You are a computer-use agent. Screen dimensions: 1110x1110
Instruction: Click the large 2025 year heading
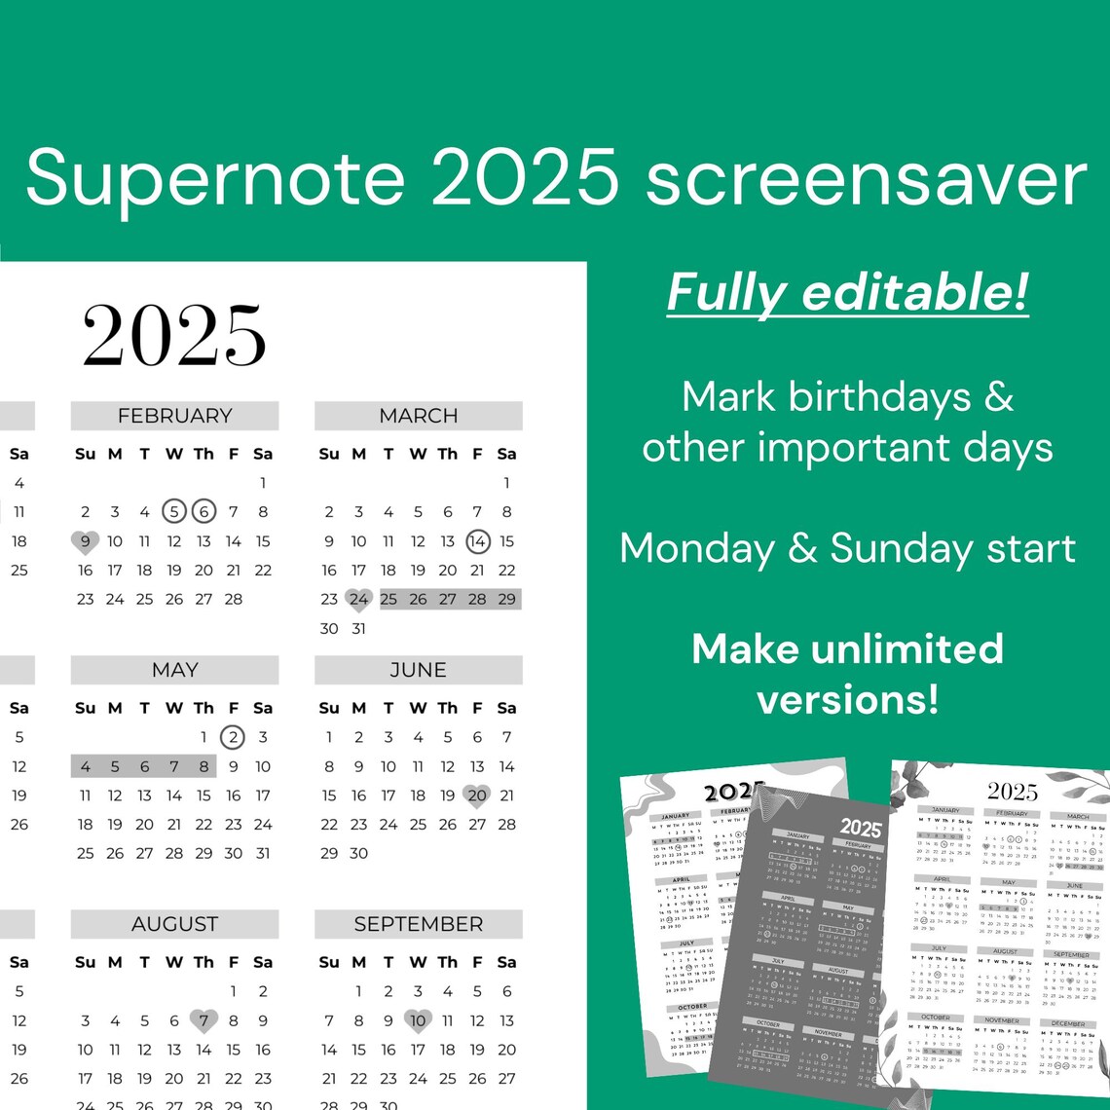pyautogui.click(x=174, y=336)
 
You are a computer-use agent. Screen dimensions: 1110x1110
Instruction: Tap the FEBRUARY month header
pyautogui.click(x=174, y=416)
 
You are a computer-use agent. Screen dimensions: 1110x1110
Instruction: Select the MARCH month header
pyautogui.click(x=419, y=416)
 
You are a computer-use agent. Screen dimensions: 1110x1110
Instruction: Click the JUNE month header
pyautogui.click(x=419, y=670)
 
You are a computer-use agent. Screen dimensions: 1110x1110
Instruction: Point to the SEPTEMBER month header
pyautogui.click(x=419, y=924)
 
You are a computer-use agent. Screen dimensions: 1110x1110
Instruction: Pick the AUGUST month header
pyautogui.click(x=174, y=924)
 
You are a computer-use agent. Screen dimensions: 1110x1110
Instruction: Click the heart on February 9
pyautogui.click(x=86, y=541)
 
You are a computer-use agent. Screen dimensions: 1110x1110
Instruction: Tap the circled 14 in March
pyautogui.click(x=477, y=541)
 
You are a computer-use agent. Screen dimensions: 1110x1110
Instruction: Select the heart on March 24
pyautogui.click(x=359, y=600)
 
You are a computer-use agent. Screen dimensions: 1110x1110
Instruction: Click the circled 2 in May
pyautogui.click(x=233, y=737)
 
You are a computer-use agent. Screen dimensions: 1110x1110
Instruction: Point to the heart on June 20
pyautogui.click(x=477, y=795)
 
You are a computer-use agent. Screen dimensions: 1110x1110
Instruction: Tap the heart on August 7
pyautogui.click(x=203, y=1020)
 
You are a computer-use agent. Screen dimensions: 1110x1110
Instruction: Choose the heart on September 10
pyautogui.click(x=419, y=1020)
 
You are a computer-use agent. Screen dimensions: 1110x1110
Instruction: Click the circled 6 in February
pyautogui.click(x=203, y=511)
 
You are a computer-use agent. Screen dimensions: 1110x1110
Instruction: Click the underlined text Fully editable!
pyautogui.click(x=847, y=292)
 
